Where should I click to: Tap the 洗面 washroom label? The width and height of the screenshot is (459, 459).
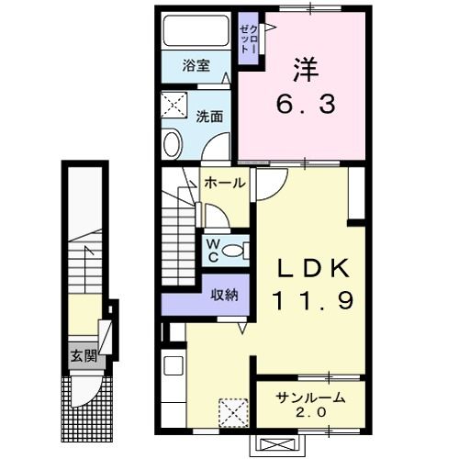click(209, 117)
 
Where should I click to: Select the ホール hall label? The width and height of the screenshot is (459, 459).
click(225, 183)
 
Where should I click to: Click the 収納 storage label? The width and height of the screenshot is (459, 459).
click(225, 295)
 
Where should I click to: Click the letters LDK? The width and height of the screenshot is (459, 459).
click(312, 266)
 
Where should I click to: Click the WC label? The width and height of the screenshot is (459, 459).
click(213, 249)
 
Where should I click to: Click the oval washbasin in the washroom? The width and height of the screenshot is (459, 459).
click(172, 145)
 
